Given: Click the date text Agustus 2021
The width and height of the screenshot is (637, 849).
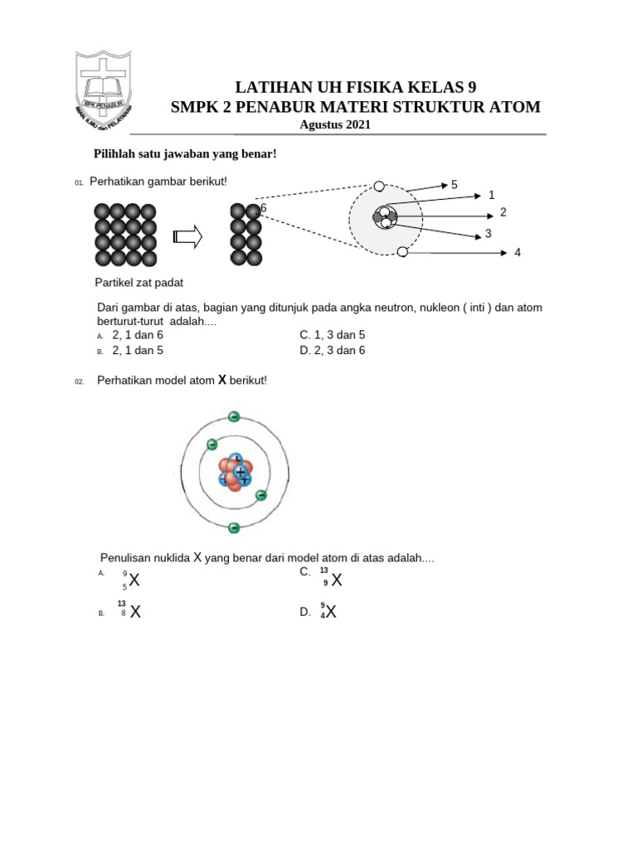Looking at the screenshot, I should (335, 125).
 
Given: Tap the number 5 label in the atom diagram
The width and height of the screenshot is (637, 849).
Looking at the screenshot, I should (455, 185).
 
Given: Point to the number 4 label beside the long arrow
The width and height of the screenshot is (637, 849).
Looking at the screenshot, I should (518, 252).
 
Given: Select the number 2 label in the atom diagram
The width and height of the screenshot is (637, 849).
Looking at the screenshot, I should (503, 213).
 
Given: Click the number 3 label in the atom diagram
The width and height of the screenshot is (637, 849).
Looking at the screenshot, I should (489, 234).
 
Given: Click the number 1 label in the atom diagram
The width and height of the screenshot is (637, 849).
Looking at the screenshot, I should (491, 196).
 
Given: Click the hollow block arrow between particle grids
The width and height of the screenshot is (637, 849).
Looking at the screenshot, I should (188, 238).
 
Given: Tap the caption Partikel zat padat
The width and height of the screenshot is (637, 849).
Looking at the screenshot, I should (139, 283).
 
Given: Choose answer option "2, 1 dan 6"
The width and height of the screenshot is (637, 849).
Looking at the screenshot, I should (138, 335).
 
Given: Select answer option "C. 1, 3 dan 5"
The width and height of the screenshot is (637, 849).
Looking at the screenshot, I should (332, 335).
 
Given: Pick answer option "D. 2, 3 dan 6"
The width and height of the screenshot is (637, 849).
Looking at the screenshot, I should (332, 350).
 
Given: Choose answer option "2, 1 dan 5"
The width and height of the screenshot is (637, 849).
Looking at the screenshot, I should (138, 351).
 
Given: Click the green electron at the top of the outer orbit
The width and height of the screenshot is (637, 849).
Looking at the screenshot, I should (234, 416).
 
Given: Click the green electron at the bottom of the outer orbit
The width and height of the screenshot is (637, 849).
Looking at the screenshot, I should (234, 527).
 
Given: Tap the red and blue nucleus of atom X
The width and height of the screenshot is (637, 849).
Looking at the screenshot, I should (235, 473).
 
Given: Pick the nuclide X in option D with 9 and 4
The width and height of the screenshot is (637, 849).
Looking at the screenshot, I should (328, 613).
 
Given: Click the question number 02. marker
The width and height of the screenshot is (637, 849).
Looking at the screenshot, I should (80, 381).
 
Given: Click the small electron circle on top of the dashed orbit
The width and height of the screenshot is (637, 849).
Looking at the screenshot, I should (379, 187).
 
